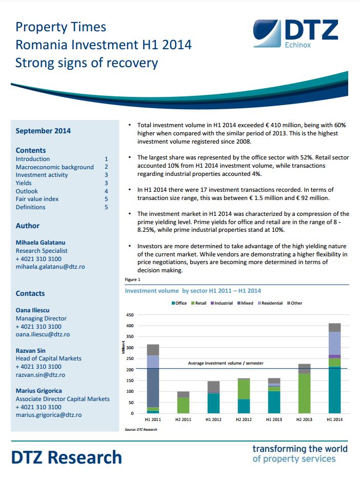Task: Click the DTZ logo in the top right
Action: (x=295, y=34)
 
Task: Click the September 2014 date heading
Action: (x=43, y=131)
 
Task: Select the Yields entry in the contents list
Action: (x=24, y=183)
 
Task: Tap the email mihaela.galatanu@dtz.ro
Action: (x=50, y=267)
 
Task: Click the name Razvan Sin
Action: (x=30, y=351)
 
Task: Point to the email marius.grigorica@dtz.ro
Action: (x=49, y=415)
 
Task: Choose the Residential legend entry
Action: (x=270, y=303)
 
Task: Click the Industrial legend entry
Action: (x=222, y=303)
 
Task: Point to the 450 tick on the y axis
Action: (x=130, y=315)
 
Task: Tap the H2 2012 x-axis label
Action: (x=244, y=419)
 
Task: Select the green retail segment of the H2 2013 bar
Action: (x=305, y=393)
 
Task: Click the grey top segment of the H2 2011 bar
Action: (x=183, y=394)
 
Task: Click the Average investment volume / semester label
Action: (x=226, y=363)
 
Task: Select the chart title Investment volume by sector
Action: (x=193, y=291)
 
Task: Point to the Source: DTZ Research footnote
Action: (x=141, y=430)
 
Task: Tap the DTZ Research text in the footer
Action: (x=67, y=457)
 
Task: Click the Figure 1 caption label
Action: (x=132, y=280)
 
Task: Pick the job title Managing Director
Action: (x=41, y=318)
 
